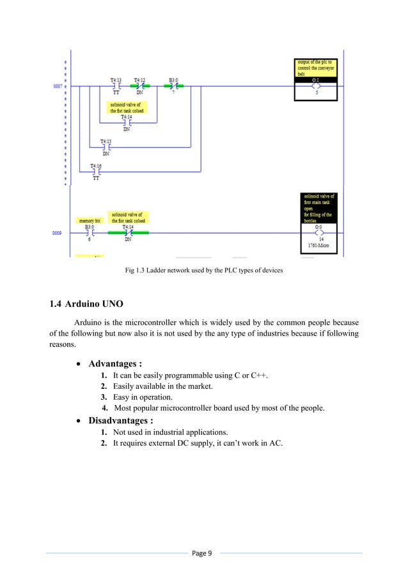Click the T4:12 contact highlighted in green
(x=139, y=86)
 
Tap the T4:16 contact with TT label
(x=96, y=171)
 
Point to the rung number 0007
(x=57, y=86)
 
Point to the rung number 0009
(x=57, y=233)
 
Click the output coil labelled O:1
(x=315, y=86)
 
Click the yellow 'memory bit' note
(x=89, y=220)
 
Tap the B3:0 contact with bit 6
(x=89, y=233)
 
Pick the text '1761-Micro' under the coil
(x=318, y=246)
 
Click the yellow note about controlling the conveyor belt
(x=315, y=67)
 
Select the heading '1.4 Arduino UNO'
(x=84, y=302)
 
